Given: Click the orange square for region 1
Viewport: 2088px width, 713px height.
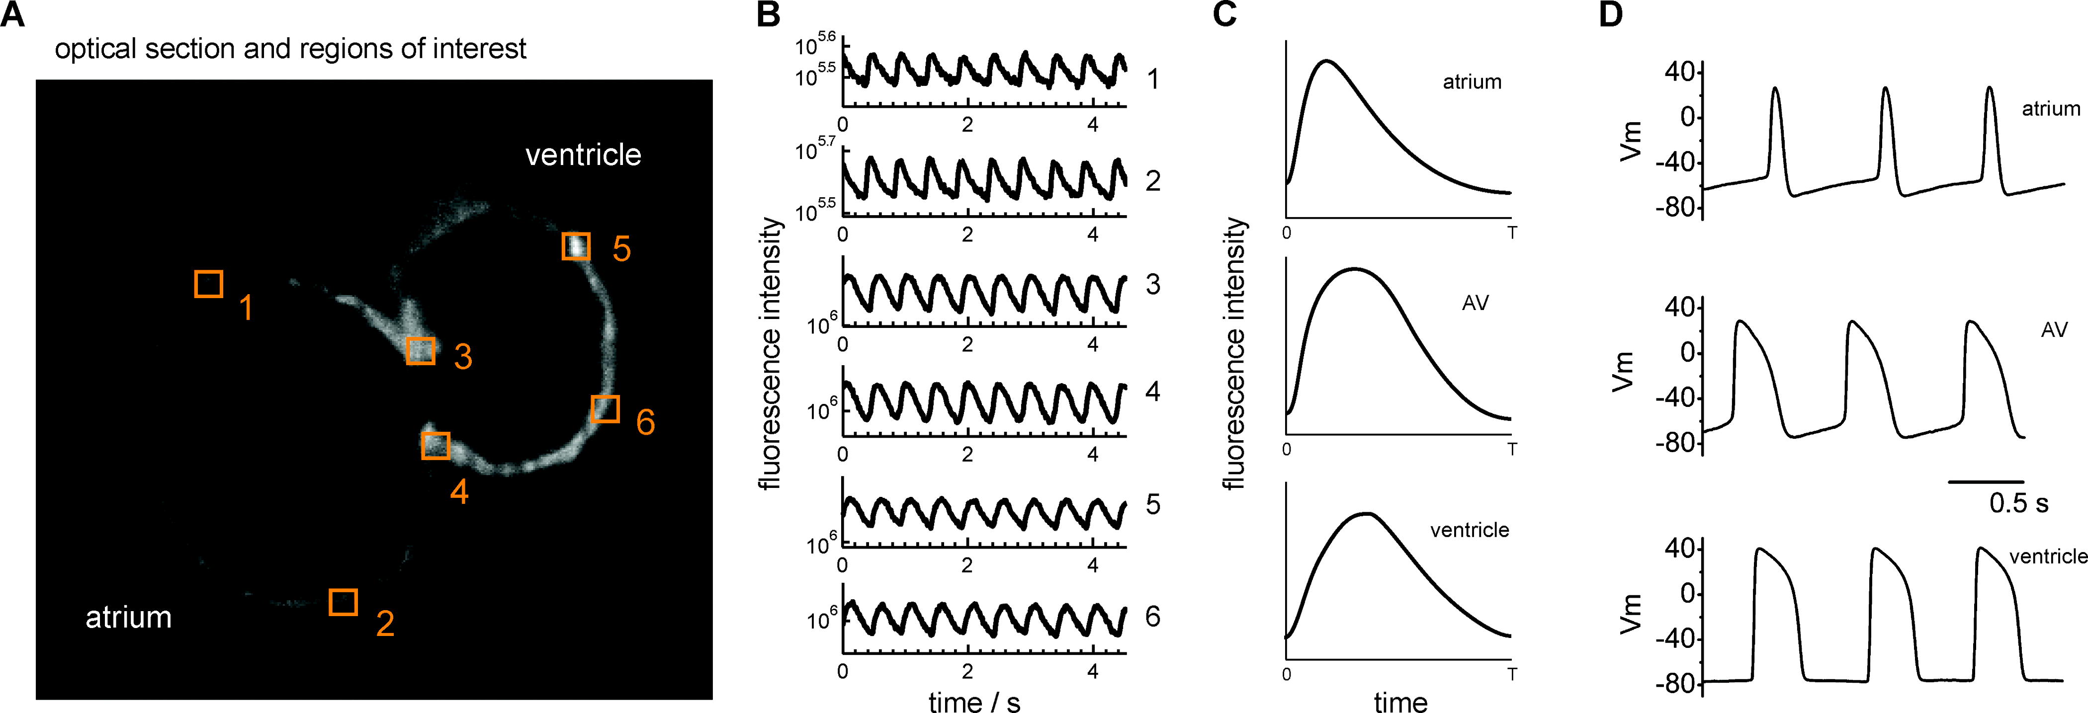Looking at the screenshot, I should click(x=208, y=284).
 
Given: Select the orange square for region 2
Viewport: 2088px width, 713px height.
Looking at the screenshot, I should click(x=343, y=602).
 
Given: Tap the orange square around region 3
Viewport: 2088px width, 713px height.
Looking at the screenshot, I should click(x=420, y=351).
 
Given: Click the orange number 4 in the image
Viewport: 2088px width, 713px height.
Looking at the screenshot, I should click(x=459, y=491).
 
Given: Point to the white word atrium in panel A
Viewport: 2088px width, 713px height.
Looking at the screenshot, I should click(x=128, y=618).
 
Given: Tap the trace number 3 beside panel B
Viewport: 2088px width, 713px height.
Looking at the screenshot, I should click(x=1152, y=284).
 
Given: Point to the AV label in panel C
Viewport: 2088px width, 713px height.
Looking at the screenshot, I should click(x=1475, y=303).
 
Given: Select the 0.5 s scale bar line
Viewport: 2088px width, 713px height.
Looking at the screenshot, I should click(x=1985, y=481).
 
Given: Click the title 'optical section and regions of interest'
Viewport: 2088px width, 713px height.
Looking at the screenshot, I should click(x=290, y=49).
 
